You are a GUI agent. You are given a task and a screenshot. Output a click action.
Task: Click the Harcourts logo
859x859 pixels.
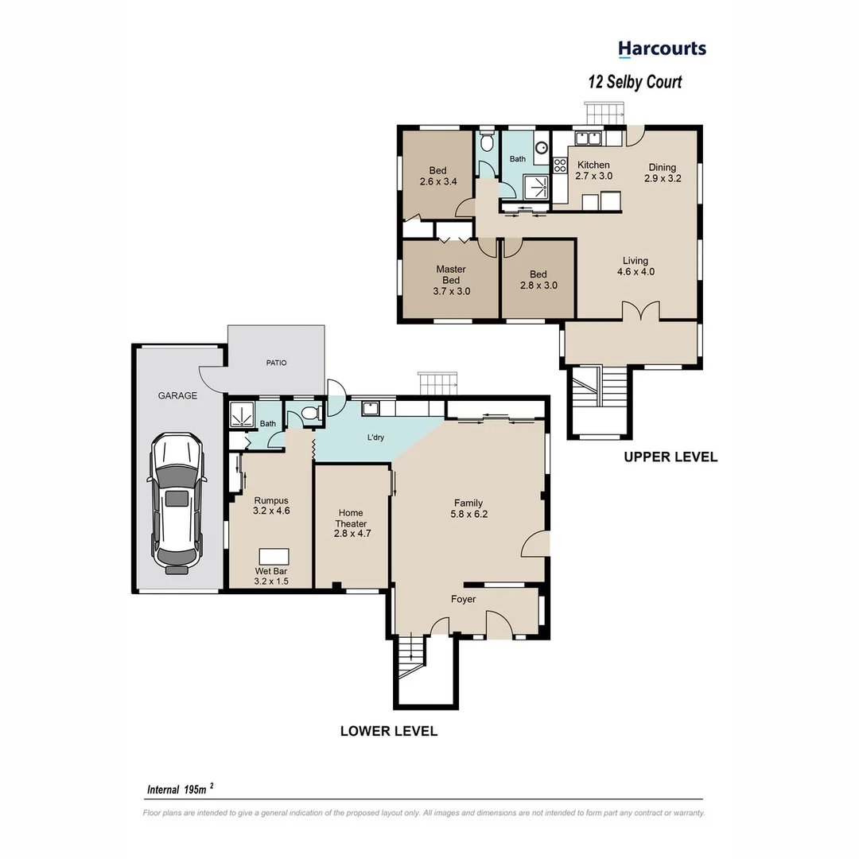662,49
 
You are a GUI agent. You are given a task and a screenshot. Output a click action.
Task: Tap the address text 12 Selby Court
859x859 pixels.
634,81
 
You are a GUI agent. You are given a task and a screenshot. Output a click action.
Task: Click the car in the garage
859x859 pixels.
177,503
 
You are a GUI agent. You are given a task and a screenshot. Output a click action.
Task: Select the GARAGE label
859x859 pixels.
177,395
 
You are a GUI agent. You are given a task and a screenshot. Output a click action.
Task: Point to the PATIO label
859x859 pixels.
276,363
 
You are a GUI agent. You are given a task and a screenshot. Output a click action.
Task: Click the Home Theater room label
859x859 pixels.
351,519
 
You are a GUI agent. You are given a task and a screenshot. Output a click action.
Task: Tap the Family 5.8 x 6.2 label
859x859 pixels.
469,508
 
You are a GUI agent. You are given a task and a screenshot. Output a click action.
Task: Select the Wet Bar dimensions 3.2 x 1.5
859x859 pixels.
270,581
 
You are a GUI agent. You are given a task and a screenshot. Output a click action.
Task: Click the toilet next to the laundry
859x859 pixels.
313,412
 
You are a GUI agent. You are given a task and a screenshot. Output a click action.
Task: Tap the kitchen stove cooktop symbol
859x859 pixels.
559,166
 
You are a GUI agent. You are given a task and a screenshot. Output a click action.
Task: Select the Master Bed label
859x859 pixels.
451,280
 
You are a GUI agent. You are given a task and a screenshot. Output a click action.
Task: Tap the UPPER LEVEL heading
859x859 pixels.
670,457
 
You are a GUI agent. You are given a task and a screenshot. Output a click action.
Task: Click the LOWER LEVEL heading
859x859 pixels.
388,731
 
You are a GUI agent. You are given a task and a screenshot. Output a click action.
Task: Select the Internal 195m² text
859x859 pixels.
180,789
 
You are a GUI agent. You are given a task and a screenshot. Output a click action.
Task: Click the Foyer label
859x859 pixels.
463,599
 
